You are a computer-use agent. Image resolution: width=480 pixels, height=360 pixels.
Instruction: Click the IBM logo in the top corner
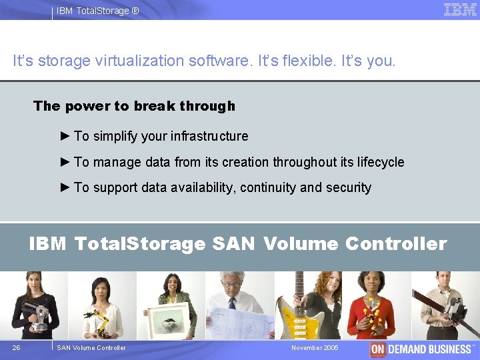click(x=460, y=9)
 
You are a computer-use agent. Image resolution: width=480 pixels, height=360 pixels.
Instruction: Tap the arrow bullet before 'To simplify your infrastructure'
click(x=65, y=136)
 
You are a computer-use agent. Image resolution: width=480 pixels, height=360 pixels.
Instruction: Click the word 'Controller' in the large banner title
click(x=396, y=244)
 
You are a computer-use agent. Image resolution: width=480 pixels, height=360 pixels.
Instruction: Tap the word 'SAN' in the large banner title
click(x=233, y=244)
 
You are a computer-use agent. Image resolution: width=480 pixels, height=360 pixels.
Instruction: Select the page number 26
click(x=16, y=347)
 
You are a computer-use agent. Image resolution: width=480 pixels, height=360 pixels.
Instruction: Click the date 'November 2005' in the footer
click(x=315, y=347)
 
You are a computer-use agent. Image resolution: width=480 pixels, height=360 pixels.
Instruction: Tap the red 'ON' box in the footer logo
click(x=377, y=349)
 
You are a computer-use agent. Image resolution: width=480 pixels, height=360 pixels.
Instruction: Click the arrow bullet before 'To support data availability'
click(x=65, y=187)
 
